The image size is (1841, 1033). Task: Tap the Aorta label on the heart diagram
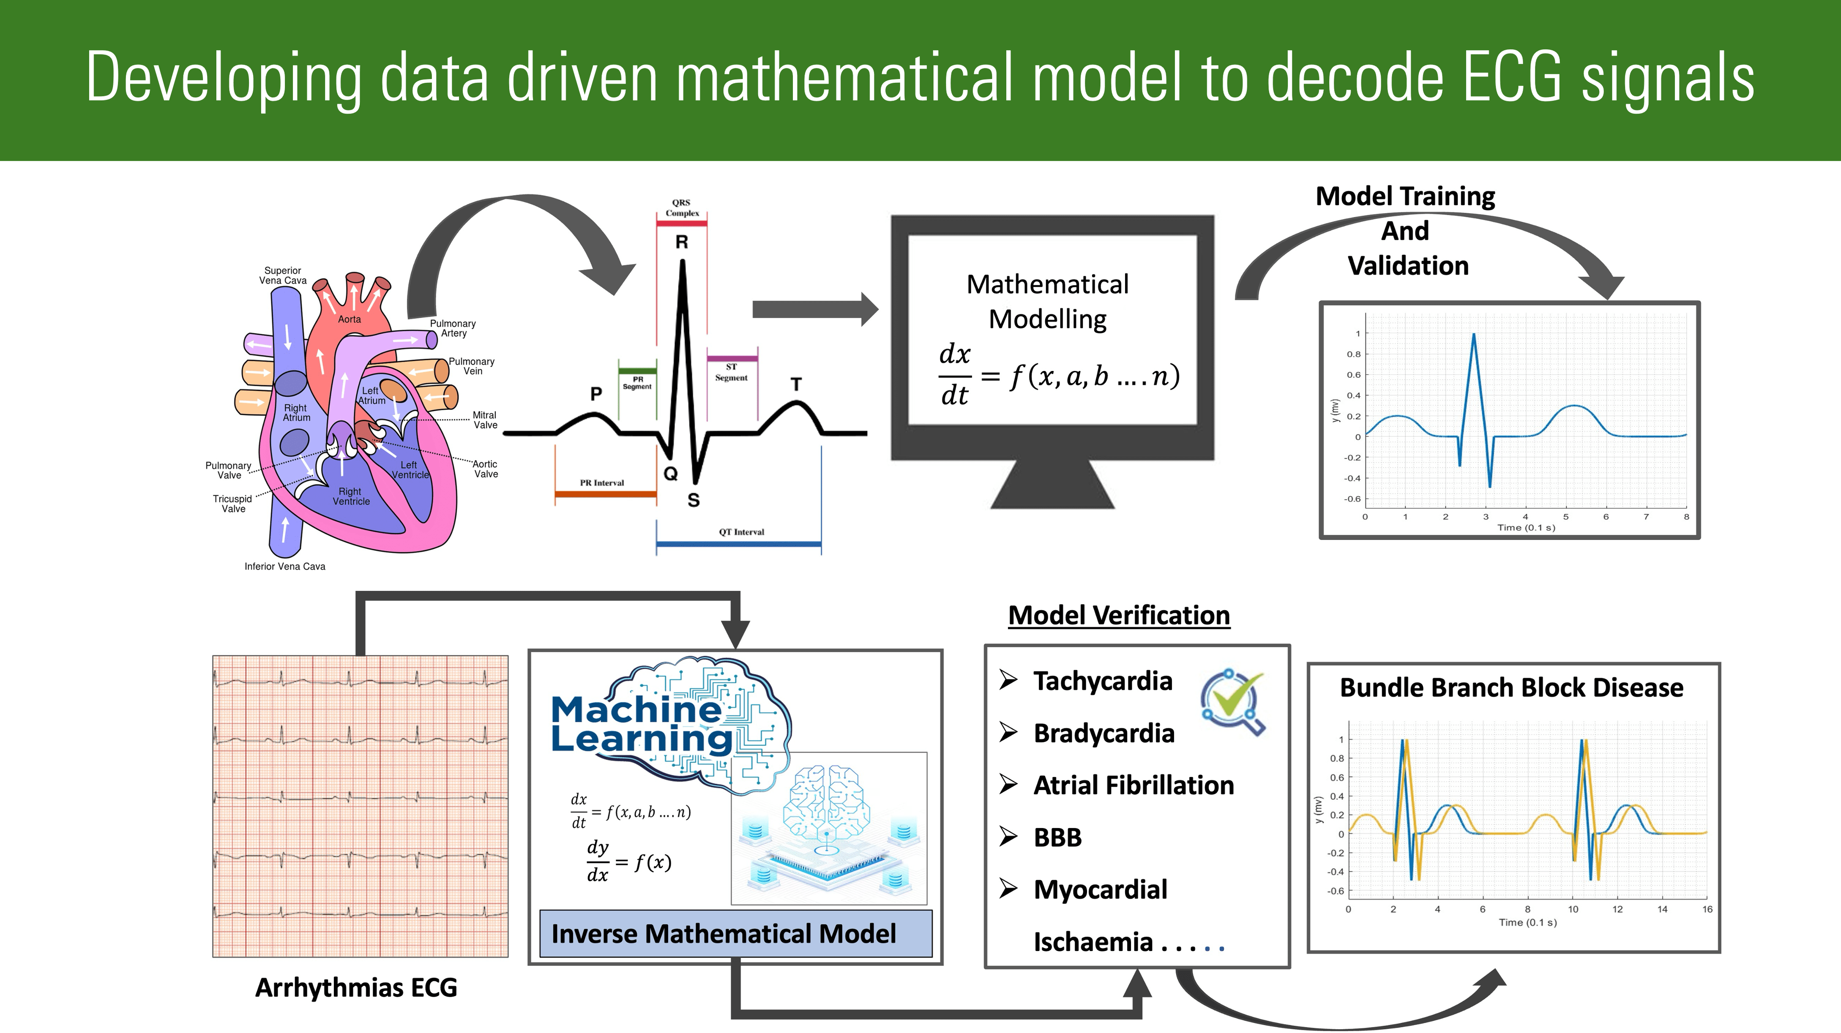[350, 319]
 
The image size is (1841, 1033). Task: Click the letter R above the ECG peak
[682, 242]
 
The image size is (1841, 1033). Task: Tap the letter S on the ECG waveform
[693, 500]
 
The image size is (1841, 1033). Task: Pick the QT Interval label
[741, 532]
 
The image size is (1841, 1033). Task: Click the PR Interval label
[602, 483]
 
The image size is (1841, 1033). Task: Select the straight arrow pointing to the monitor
[815, 309]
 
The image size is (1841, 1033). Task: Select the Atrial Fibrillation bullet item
[1134, 785]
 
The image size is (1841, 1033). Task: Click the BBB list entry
[1058, 837]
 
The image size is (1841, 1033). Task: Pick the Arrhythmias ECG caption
[356, 987]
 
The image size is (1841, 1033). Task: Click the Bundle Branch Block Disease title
[1511, 687]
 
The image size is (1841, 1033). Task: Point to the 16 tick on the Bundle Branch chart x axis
[1707, 909]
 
